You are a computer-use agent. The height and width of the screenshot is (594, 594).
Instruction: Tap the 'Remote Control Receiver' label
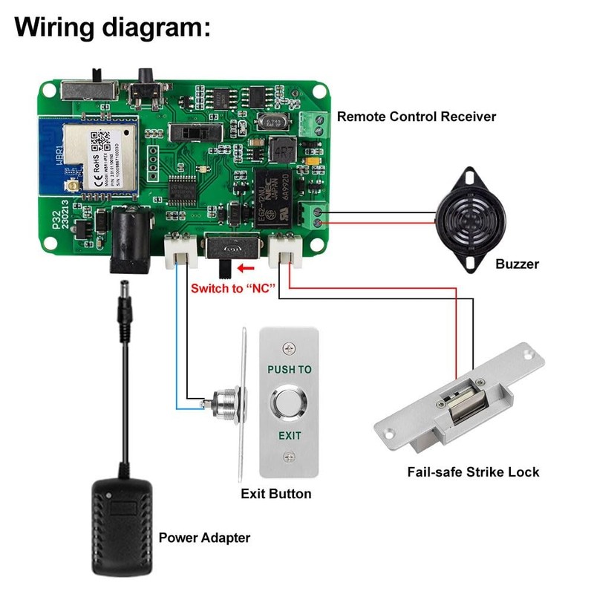click(417, 117)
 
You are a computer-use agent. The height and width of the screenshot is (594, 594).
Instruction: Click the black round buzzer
click(468, 219)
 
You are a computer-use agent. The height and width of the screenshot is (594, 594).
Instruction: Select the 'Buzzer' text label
click(517, 264)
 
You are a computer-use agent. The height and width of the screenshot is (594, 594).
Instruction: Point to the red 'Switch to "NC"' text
click(233, 287)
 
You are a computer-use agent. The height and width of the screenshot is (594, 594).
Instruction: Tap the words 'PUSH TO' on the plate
click(290, 369)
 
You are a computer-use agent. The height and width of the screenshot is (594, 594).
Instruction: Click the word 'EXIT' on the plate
click(290, 435)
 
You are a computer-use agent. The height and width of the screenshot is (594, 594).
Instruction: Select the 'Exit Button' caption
click(276, 494)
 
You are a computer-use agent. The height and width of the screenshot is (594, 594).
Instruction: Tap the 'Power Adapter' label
click(204, 538)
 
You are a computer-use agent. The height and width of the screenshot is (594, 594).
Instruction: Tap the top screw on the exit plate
click(290, 346)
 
